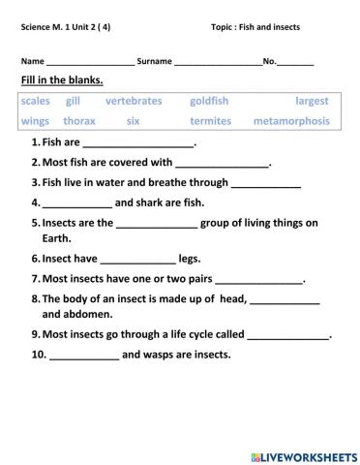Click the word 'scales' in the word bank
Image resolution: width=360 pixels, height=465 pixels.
coord(35,101)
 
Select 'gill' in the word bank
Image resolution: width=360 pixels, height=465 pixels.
coord(74,101)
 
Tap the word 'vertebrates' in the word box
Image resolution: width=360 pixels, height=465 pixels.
coord(134,101)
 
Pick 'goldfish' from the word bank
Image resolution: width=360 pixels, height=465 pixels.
coord(209,101)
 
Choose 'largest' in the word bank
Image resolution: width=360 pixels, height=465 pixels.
coord(313,101)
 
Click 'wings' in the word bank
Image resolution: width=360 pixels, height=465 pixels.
coord(35,121)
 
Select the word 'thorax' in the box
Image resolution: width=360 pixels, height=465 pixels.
coord(79,121)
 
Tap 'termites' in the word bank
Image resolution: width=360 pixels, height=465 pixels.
coord(210,121)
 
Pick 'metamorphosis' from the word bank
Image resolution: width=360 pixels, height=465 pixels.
coord(290,121)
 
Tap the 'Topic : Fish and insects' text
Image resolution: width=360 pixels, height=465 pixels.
coord(255,27)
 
